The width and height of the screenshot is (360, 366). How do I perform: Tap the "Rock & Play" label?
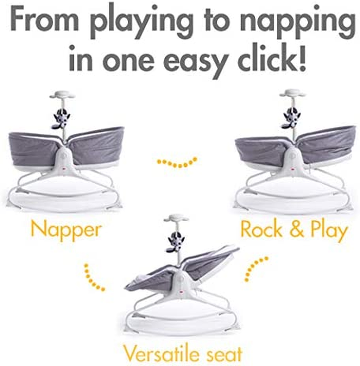pos(294,230)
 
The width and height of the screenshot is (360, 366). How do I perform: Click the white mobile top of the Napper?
pos(63,94)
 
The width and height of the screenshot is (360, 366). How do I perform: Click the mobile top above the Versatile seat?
pos(176,218)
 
